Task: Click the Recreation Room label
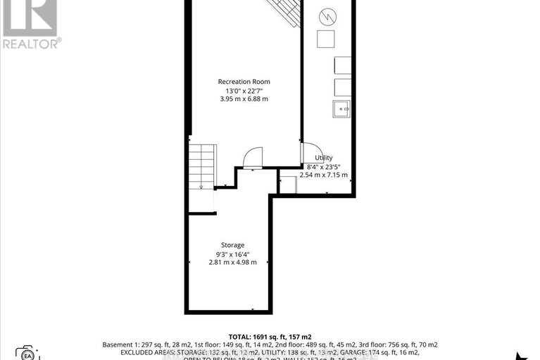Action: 244,82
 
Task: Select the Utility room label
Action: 324,158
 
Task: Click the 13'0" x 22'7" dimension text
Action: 244,91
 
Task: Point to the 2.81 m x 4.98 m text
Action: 233,262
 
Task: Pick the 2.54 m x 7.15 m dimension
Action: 324,175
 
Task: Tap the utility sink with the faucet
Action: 341,108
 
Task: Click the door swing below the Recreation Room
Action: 252,158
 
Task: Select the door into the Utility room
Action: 308,153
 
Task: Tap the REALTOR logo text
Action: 31,43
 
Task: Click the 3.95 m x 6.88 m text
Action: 244,99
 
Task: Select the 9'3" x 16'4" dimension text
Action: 233,254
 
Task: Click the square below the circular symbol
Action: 326,38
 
